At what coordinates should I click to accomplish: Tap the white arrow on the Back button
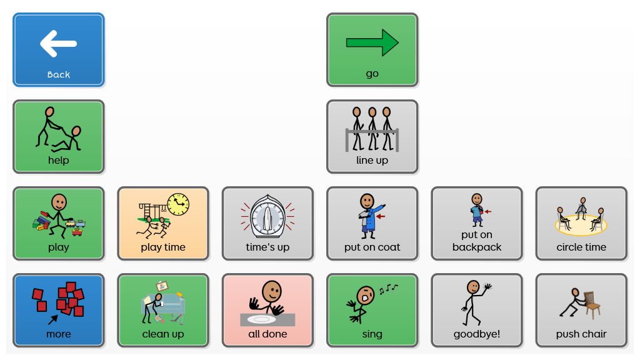58,44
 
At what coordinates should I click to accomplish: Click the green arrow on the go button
372,42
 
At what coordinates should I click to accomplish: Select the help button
59,136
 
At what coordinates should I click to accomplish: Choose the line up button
372,136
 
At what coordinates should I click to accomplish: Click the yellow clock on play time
179,203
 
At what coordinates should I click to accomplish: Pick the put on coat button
372,223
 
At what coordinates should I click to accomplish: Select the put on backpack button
477,223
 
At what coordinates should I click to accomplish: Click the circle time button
581,223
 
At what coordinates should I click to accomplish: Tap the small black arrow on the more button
54,319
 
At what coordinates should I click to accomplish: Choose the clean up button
163,310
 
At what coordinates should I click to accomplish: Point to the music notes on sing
387,288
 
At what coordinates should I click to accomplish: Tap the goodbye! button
477,310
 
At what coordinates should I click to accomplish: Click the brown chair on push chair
591,302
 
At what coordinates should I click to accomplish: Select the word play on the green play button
59,247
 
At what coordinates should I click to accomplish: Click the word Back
59,74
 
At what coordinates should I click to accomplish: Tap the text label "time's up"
267,247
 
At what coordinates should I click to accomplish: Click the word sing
372,334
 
